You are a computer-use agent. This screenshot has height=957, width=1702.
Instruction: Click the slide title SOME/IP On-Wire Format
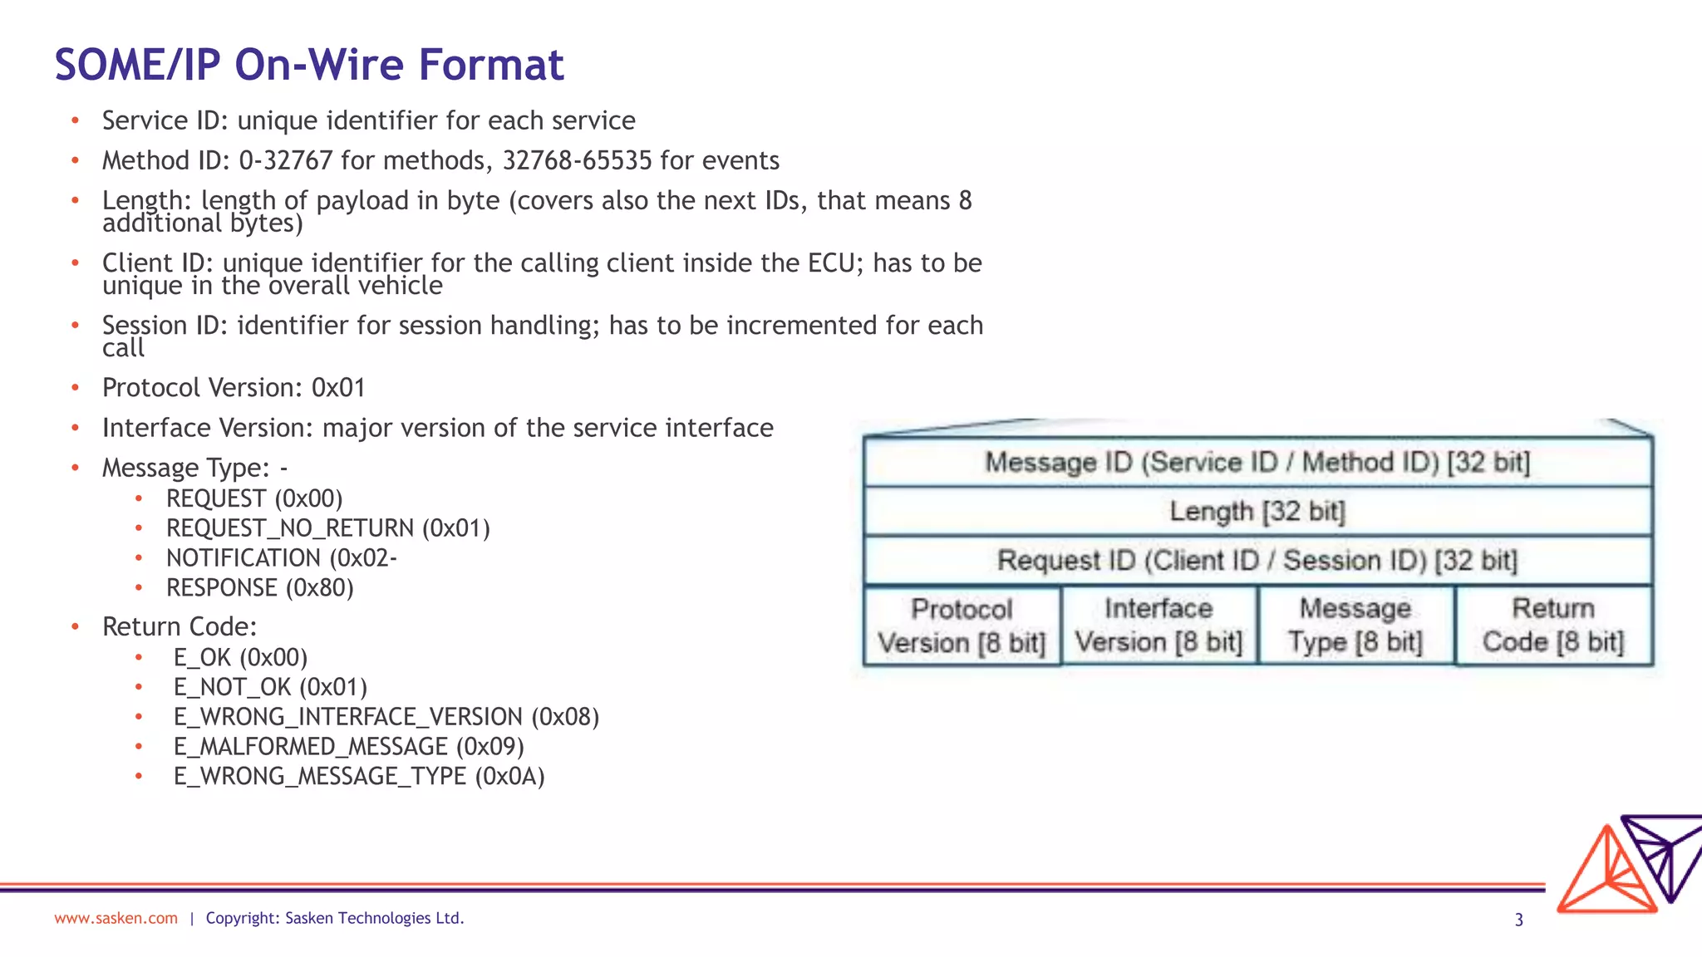point(309,65)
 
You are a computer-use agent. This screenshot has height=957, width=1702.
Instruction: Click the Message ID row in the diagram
point(1257,463)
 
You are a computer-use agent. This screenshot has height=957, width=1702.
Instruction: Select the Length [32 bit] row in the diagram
point(1257,511)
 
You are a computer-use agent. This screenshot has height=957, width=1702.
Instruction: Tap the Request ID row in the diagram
point(1257,560)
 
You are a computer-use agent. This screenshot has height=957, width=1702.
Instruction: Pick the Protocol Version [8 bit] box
point(962,626)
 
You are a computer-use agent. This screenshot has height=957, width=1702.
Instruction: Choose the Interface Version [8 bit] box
point(1158,626)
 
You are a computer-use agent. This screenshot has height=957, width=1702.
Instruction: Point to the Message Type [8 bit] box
point(1355,626)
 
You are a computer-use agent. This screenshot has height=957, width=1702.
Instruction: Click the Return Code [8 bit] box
point(1553,626)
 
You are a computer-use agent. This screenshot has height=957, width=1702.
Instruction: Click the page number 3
point(1518,920)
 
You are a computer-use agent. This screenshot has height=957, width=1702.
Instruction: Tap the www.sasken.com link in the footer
point(116,918)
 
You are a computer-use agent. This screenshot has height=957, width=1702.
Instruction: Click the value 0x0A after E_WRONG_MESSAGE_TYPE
point(509,777)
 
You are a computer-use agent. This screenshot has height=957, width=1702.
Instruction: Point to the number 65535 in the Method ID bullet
point(617,160)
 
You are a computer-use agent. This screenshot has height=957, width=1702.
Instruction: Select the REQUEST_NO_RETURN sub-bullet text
point(327,528)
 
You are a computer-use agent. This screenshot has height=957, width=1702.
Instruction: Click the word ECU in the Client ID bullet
point(831,263)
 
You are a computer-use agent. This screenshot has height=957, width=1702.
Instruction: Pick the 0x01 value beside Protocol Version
point(338,388)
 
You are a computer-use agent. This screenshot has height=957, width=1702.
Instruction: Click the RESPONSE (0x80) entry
point(259,588)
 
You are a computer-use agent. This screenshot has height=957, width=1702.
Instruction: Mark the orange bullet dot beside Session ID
point(75,325)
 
